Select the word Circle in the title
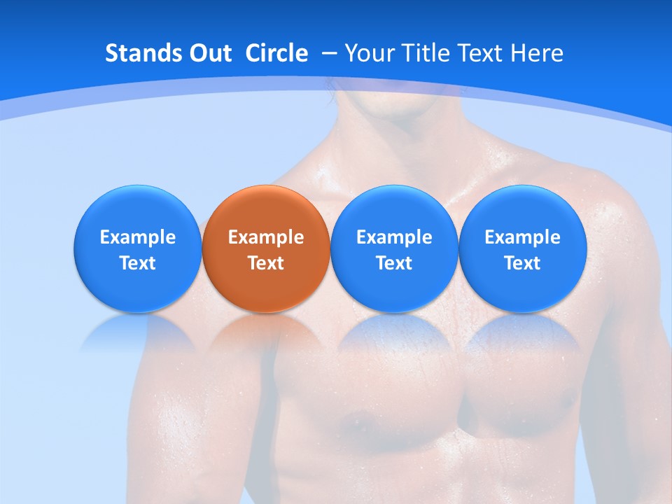pos(276,53)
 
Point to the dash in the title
pos(329,54)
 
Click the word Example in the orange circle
pos(266,237)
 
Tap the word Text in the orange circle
pos(266,263)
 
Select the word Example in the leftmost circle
pos(137,237)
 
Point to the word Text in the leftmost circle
pos(137,263)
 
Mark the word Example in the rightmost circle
pos(522,237)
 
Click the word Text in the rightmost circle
pos(522,263)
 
